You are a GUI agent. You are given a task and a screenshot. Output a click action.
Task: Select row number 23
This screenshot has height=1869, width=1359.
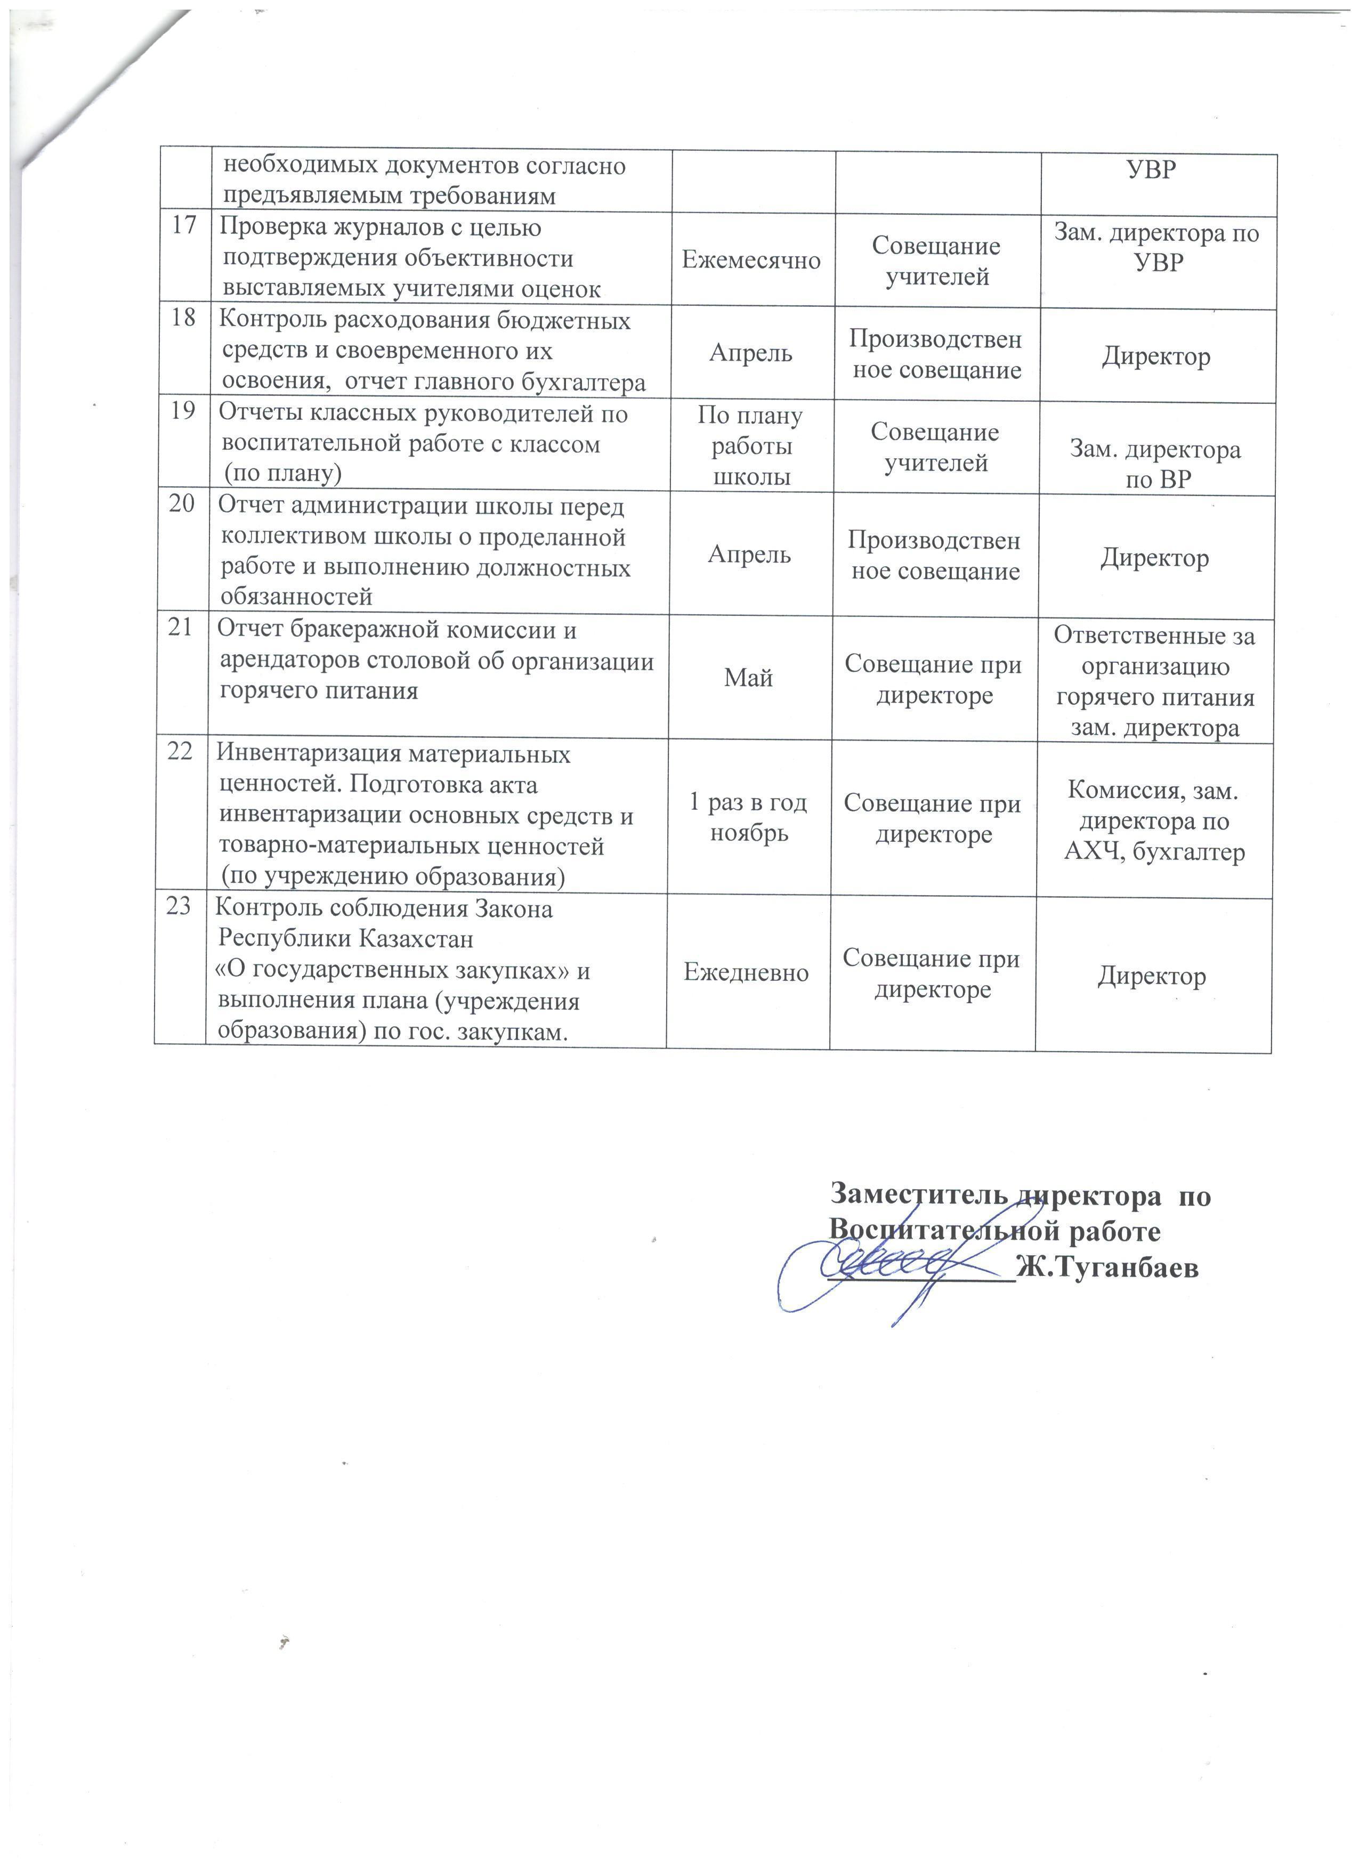pyautogui.click(x=180, y=906)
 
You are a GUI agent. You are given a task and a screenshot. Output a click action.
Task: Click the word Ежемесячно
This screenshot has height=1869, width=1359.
pyautogui.click(x=751, y=261)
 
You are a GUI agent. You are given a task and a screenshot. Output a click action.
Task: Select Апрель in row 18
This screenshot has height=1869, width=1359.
pyautogui.click(x=751, y=354)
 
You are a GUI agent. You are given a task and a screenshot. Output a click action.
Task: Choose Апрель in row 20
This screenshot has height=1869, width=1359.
pyautogui.click(x=749, y=555)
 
